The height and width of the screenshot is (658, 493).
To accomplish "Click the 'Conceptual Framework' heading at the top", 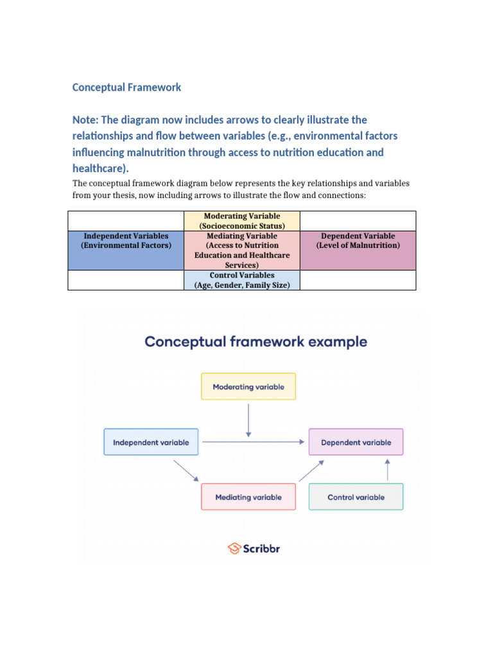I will [126, 87].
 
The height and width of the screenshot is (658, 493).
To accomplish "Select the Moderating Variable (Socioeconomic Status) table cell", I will [242, 221].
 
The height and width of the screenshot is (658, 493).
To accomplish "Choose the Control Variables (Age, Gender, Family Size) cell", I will [242, 280].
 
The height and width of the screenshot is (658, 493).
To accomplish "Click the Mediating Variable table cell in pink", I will [242, 250].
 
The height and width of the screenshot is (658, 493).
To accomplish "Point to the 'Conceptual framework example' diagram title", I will [255, 341].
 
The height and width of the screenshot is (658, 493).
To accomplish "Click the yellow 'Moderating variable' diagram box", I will [248, 387].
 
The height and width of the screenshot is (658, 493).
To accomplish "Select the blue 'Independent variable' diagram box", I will [151, 442].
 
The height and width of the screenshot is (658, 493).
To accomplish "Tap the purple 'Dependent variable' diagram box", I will [356, 442].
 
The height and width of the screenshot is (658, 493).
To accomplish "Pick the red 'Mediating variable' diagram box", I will [248, 497].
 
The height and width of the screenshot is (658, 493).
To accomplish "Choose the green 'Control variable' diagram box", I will [356, 497].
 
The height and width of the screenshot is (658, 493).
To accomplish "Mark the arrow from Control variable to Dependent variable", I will [387, 470].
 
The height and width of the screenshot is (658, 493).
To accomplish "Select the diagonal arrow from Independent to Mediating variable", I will [186, 470].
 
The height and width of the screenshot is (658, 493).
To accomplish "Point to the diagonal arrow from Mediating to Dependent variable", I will [311, 470].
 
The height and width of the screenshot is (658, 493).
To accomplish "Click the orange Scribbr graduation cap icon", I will [234, 548].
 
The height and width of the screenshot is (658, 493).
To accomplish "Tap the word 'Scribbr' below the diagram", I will [262, 549].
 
